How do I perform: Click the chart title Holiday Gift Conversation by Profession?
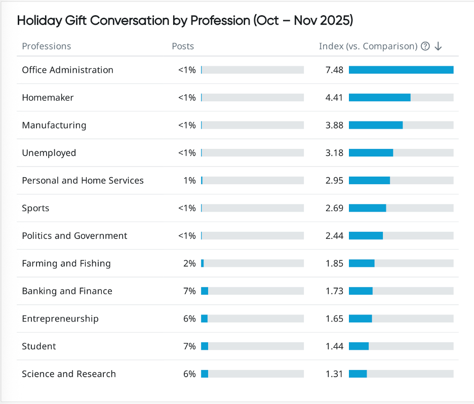tap(185, 21)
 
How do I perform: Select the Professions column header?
tap(47, 46)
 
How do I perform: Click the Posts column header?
tap(183, 46)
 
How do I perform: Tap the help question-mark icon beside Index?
tap(425, 46)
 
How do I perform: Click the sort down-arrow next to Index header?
tap(438, 46)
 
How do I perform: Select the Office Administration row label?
tap(67, 70)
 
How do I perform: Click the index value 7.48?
tap(334, 70)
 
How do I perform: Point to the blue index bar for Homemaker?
tap(379, 98)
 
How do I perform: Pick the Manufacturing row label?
tap(54, 125)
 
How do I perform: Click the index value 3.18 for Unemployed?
tap(334, 153)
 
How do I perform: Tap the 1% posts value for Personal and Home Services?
tap(189, 181)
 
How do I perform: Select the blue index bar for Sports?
tap(367, 208)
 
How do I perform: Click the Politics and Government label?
tap(74, 236)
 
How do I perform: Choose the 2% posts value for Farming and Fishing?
tap(189, 263)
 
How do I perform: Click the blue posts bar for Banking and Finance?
tap(205, 291)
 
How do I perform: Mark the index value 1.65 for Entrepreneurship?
tap(334, 319)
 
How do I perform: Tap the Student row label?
tap(39, 346)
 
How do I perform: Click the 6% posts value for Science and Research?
tap(189, 374)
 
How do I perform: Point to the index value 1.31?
tap(334, 374)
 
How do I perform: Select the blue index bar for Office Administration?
tap(401, 70)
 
